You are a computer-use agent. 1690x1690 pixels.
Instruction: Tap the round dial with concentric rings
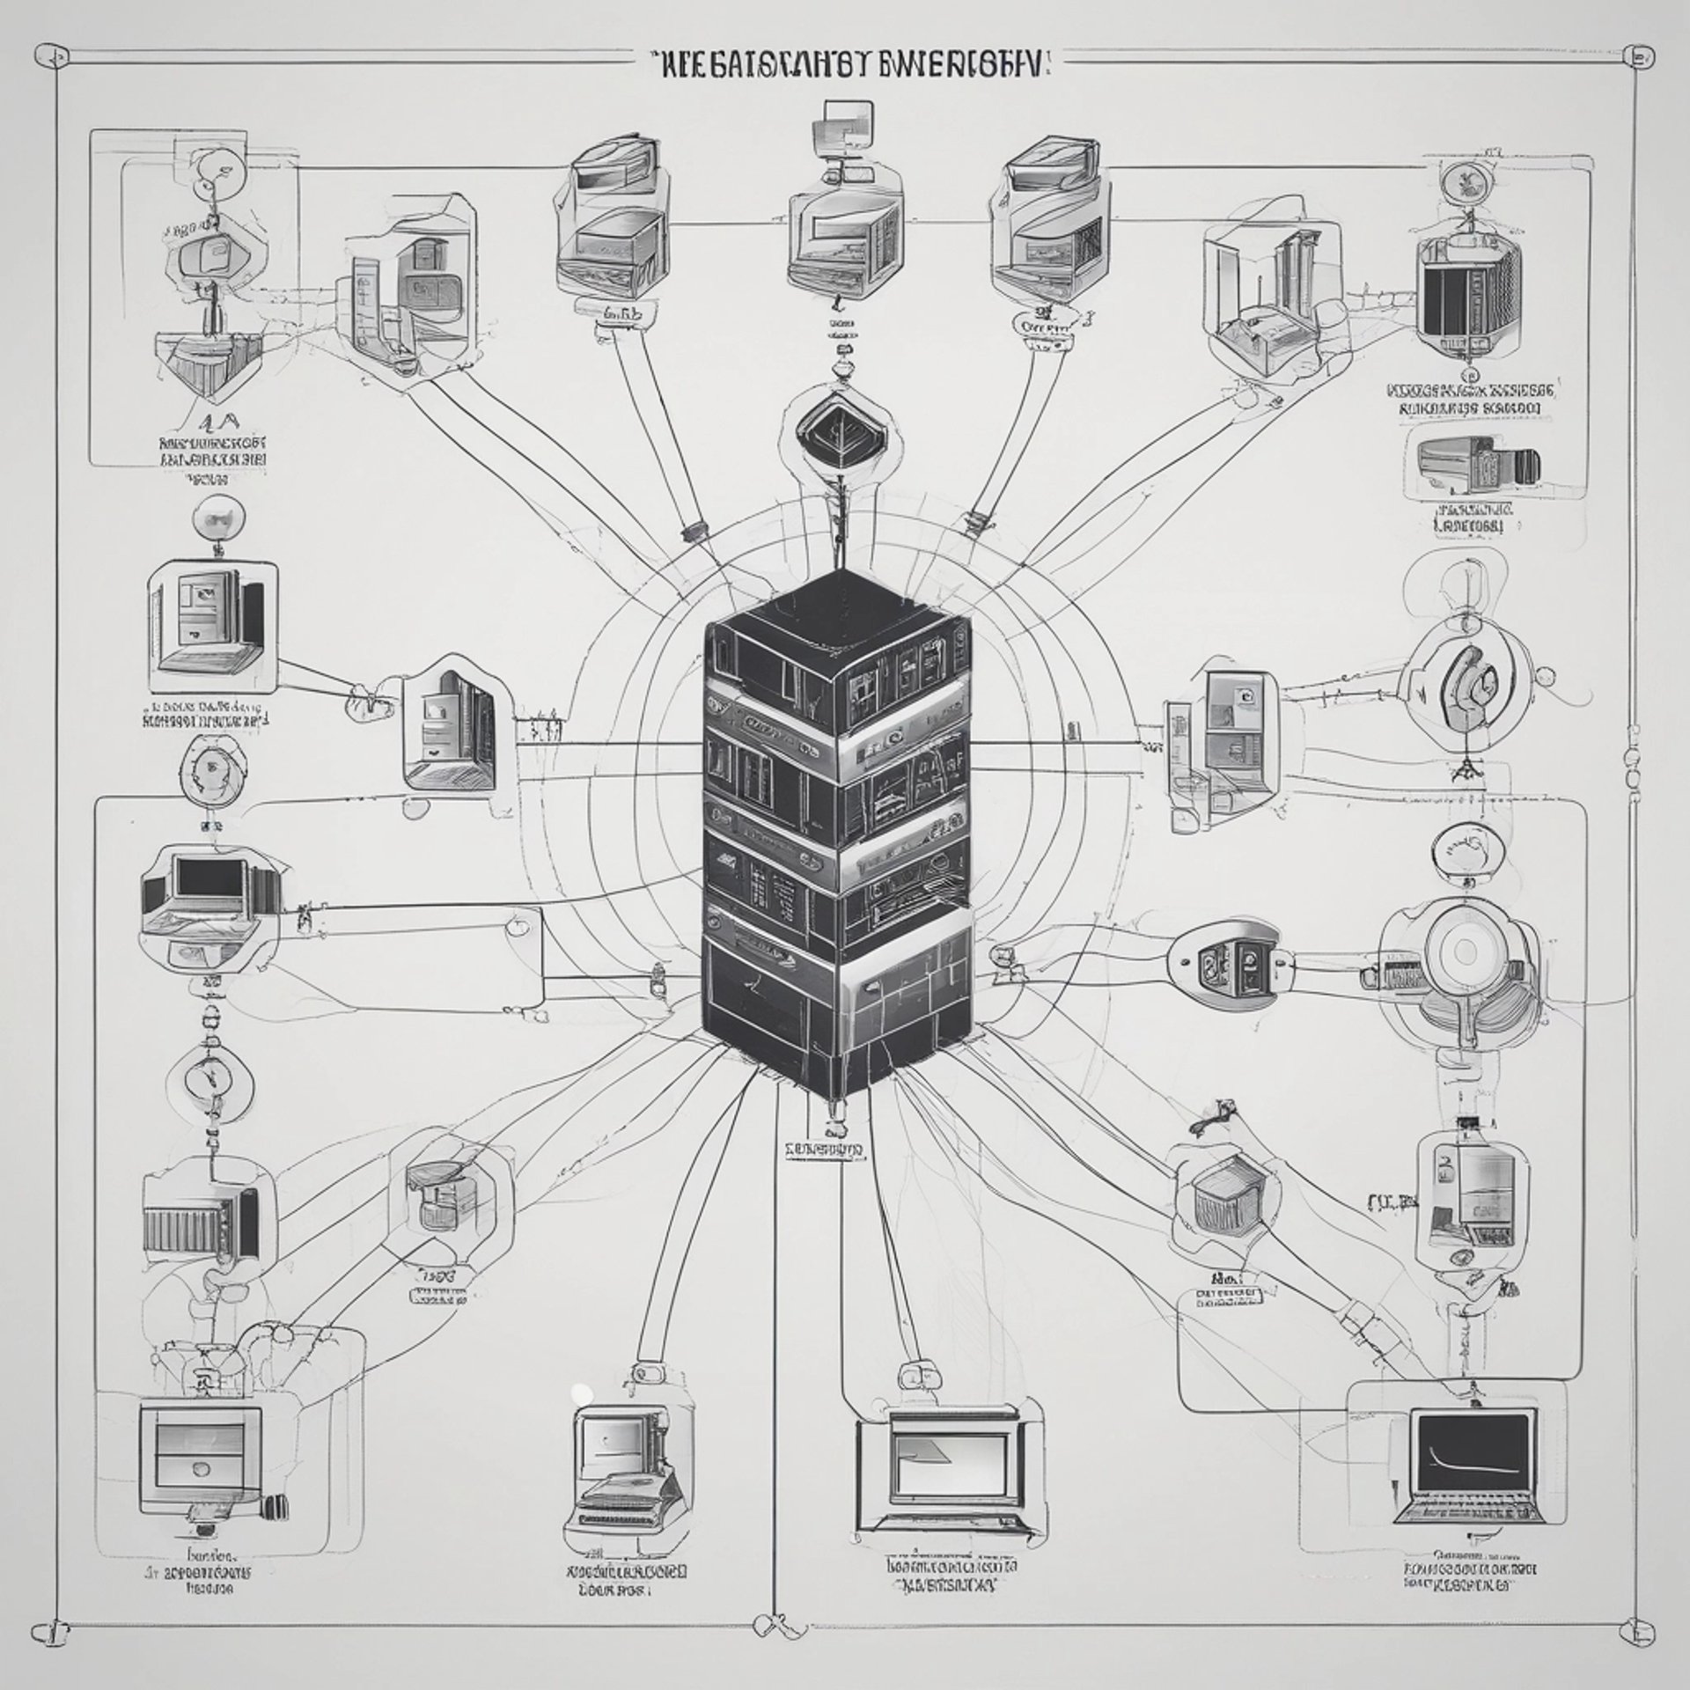[1463, 952]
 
